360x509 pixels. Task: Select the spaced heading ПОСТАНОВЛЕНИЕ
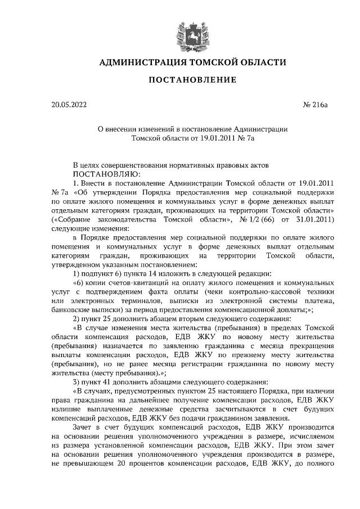192,80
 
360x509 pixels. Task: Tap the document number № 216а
312,104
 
